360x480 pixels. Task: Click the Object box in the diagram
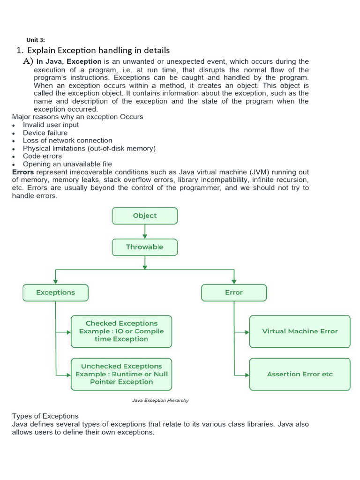coord(145,216)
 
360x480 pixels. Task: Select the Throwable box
coord(145,247)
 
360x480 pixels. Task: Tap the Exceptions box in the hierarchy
coord(55,292)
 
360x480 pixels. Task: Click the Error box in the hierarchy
coord(234,292)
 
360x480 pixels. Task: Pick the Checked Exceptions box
coord(121,331)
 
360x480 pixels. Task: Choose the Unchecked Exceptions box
coord(121,374)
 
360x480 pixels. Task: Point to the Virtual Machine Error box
coord(300,331)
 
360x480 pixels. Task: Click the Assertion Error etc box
coord(300,374)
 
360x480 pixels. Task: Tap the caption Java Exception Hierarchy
coord(160,401)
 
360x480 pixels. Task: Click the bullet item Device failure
coord(45,133)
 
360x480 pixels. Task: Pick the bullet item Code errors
coord(42,156)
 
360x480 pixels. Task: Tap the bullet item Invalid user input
coord(51,125)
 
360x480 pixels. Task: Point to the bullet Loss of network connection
coord(67,141)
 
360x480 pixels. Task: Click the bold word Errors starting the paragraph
coord(23,172)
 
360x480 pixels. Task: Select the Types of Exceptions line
coord(45,416)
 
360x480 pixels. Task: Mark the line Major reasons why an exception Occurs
coord(77,117)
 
